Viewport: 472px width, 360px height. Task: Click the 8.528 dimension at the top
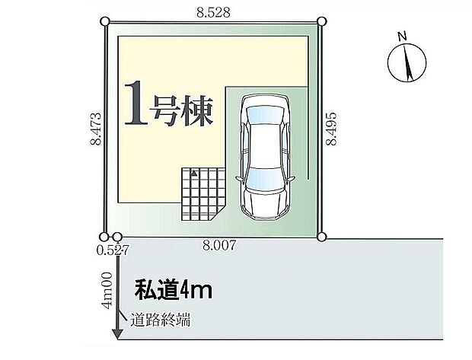213,11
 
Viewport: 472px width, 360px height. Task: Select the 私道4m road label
173,289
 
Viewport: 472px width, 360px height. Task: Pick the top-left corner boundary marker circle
105,22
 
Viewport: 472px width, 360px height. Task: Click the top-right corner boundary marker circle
321,22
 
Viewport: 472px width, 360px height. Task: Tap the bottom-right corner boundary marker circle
321,237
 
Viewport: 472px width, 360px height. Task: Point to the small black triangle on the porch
193,174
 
